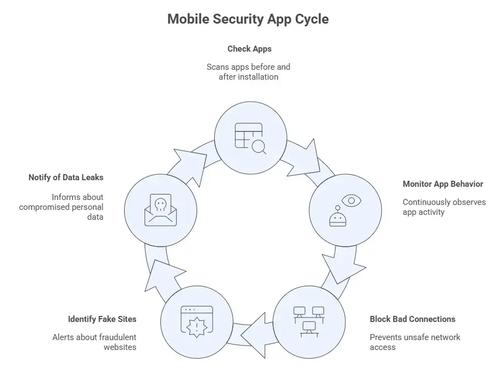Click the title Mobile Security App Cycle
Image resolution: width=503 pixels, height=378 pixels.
coord(248,19)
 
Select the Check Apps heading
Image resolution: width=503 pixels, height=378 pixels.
coord(249,49)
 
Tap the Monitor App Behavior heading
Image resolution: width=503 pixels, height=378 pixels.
coord(443,184)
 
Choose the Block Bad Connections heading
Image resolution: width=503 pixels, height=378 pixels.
coord(412,319)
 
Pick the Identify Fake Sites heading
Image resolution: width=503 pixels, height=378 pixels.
coord(102,319)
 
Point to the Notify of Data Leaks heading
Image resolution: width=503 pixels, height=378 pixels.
coord(66,177)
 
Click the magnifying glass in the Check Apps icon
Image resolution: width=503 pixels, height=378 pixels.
coord(258,146)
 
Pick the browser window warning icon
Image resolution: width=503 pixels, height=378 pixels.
coord(197,321)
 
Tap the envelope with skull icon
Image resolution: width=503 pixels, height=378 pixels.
coord(160,210)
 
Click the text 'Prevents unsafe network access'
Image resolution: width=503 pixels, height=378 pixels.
coord(415,342)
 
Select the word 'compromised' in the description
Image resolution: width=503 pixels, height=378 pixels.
coord(44,207)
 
